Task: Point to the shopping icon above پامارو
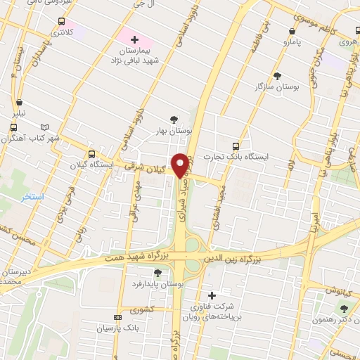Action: click(292, 31)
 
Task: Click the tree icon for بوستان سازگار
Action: click(278, 75)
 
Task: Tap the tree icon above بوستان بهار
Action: click(174, 119)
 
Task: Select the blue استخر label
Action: click(32, 196)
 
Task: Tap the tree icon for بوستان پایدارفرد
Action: click(157, 273)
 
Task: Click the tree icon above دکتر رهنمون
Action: click(344, 308)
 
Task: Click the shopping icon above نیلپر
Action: click(20, 102)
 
